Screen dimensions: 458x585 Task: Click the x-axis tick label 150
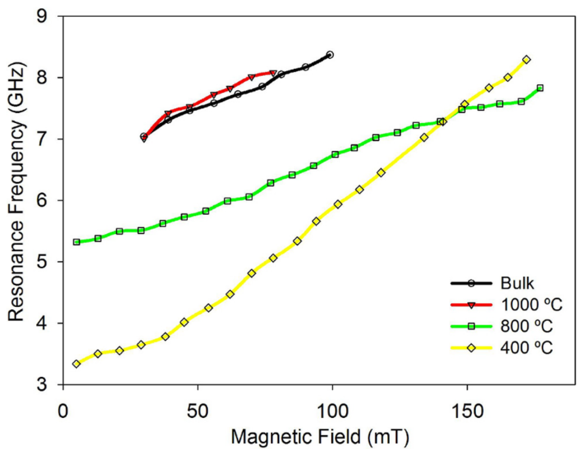(467, 411)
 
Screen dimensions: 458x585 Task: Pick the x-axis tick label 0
(63, 411)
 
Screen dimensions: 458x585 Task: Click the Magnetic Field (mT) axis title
(320, 437)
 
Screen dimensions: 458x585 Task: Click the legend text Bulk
(517, 283)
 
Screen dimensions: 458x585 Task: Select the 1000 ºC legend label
(531, 305)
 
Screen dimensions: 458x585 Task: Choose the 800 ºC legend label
(527, 326)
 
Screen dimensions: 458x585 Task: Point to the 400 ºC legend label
(527, 347)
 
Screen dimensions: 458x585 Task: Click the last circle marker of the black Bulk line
(330, 55)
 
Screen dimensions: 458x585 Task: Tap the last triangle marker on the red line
(273, 73)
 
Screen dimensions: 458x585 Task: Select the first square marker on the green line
(76, 242)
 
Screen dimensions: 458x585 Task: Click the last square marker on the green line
(540, 88)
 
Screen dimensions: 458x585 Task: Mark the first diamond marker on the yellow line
(76, 364)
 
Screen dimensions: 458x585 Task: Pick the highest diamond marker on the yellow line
(526, 60)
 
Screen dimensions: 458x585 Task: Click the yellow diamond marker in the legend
(471, 348)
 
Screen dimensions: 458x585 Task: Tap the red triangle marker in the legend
(471, 305)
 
